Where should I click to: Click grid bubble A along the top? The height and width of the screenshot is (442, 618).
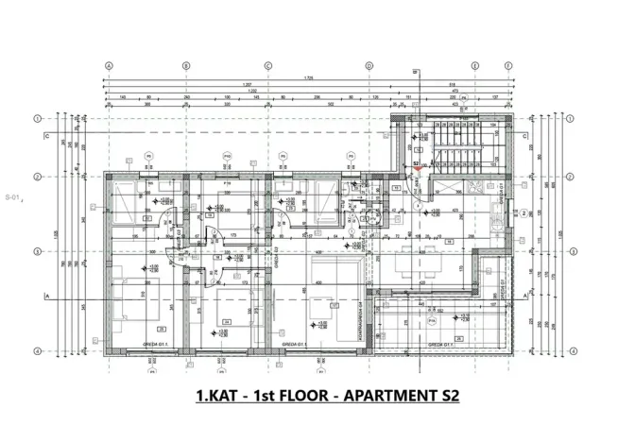tap(109, 66)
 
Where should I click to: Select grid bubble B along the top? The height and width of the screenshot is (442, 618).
tap(186, 66)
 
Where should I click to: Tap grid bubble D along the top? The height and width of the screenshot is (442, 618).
tap(368, 66)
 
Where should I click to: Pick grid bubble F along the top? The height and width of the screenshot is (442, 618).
tap(509, 66)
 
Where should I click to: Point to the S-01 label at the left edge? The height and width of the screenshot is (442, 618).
tap(12, 196)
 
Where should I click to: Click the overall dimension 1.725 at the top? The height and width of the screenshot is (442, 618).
tap(308, 78)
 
